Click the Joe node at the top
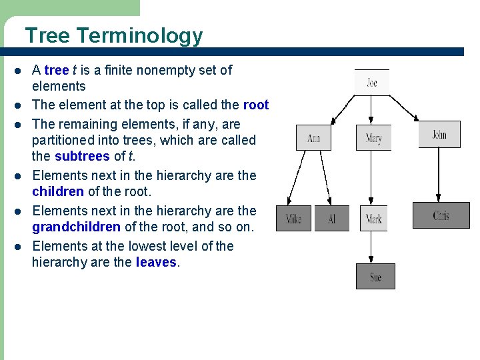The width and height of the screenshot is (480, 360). pyautogui.click(x=371, y=83)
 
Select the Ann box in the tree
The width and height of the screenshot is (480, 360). pyautogui.click(x=313, y=138)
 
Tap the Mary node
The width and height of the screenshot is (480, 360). pyautogui.click(x=373, y=138)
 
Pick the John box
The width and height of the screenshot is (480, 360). pyautogui.click(x=439, y=135)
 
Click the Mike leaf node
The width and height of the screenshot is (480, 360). pyautogui.click(x=293, y=219)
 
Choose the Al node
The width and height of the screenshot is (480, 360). pyautogui.click(x=331, y=219)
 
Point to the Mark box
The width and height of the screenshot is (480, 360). pyautogui.click(x=373, y=219)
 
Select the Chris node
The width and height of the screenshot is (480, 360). pyautogui.click(x=441, y=215)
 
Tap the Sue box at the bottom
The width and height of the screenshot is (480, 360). pyautogui.click(x=375, y=277)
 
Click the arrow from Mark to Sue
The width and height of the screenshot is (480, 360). pyautogui.click(x=373, y=247)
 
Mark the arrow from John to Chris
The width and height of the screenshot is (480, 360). pyautogui.click(x=439, y=175)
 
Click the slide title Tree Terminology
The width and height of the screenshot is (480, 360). pyautogui.click(x=113, y=35)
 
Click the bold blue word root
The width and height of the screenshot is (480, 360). pyautogui.click(x=256, y=105)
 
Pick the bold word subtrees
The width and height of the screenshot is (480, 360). pyautogui.click(x=83, y=157)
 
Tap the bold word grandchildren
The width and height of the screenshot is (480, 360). pyautogui.click(x=76, y=227)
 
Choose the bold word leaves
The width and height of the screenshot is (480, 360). pyautogui.click(x=157, y=262)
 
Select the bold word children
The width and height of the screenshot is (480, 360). pyautogui.click(x=57, y=192)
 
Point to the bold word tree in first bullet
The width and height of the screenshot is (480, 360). pyautogui.click(x=57, y=70)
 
